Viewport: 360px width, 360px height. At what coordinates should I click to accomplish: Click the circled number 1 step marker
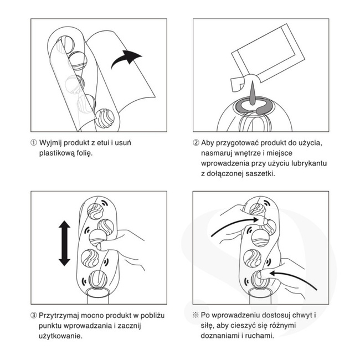34,143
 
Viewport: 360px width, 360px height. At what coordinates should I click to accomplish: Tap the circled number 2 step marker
196,143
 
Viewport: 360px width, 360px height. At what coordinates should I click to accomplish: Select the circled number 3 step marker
34,316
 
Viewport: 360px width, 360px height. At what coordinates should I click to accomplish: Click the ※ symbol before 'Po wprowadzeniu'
196,315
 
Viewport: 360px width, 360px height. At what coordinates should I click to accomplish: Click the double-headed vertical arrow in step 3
64,243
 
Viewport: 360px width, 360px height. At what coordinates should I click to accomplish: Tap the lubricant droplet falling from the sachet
253,93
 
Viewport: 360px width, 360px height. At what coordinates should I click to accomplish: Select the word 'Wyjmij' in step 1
50,143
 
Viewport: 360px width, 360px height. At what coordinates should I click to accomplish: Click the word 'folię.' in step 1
84,153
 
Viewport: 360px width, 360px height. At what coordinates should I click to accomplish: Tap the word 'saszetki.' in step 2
260,173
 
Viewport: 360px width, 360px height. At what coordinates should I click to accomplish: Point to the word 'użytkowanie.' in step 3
60,336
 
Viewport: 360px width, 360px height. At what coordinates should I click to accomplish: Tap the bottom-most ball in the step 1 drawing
105,119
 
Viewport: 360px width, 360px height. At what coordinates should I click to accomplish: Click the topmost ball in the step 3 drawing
95,211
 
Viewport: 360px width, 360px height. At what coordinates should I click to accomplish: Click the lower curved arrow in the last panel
295,278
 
